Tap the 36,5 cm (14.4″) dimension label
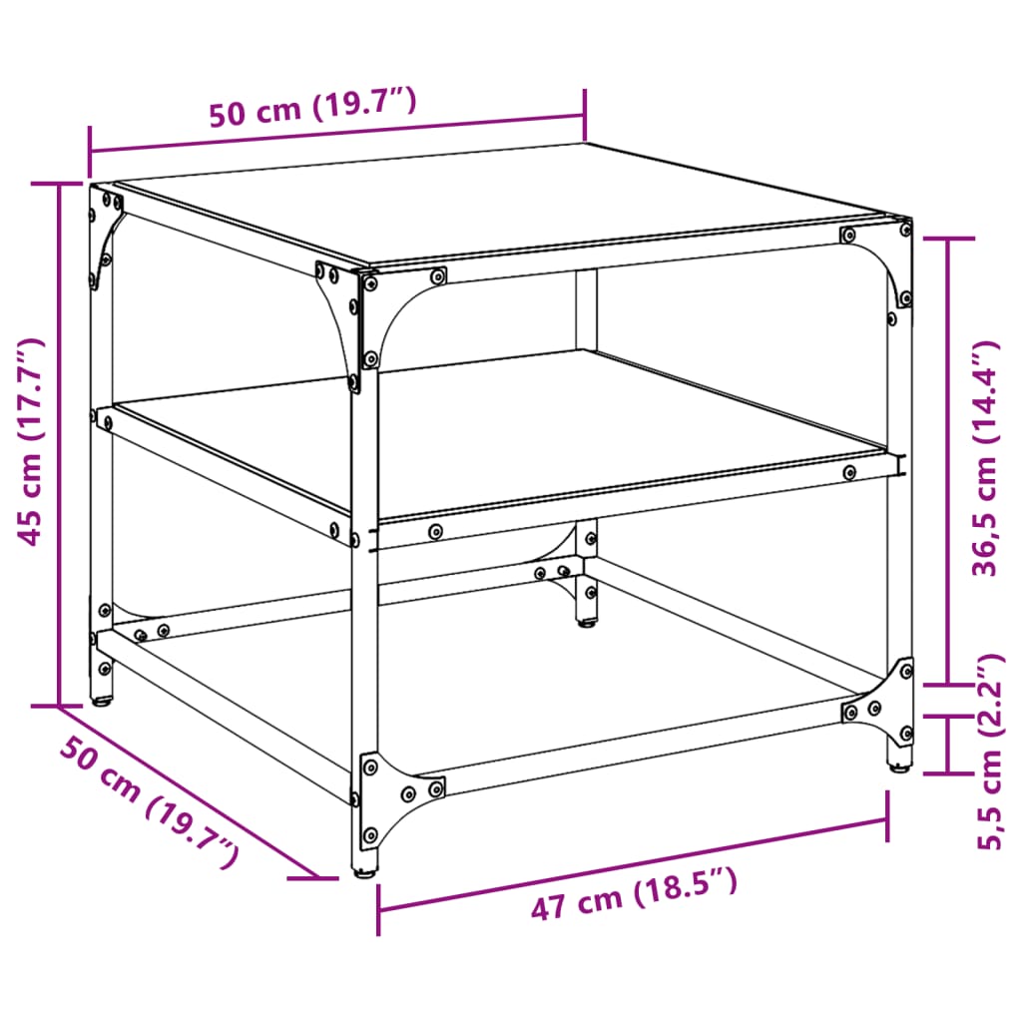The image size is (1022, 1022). click(986, 459)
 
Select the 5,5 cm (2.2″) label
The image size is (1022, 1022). click(988, 751)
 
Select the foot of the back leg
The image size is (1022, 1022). click(586, 625)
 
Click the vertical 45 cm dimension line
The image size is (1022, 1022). click(59, 444)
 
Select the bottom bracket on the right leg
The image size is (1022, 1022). click(886, 699)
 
